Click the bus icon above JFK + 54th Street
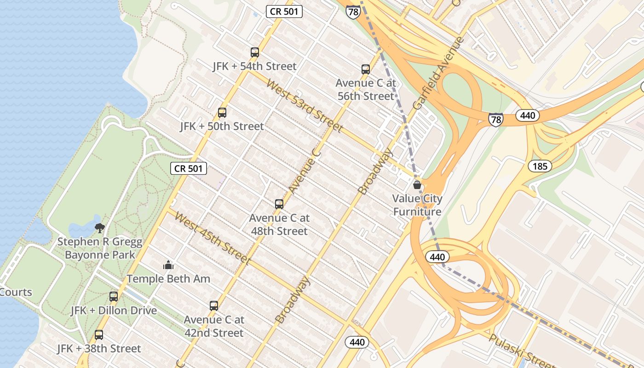255,52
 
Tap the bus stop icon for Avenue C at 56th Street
366,69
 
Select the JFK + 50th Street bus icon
222,113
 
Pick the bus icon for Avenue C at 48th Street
279,204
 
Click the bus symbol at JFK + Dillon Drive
114,297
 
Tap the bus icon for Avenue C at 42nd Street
214,306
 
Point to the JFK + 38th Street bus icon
99,335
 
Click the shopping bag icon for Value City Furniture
417,185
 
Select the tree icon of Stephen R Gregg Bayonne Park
100,228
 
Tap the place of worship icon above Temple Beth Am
168,265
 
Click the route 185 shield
540,166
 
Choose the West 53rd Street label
305,106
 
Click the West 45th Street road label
213,238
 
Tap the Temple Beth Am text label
168,279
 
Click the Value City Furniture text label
417,205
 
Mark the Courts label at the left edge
16,292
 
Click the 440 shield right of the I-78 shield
527,115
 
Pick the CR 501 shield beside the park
189,168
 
